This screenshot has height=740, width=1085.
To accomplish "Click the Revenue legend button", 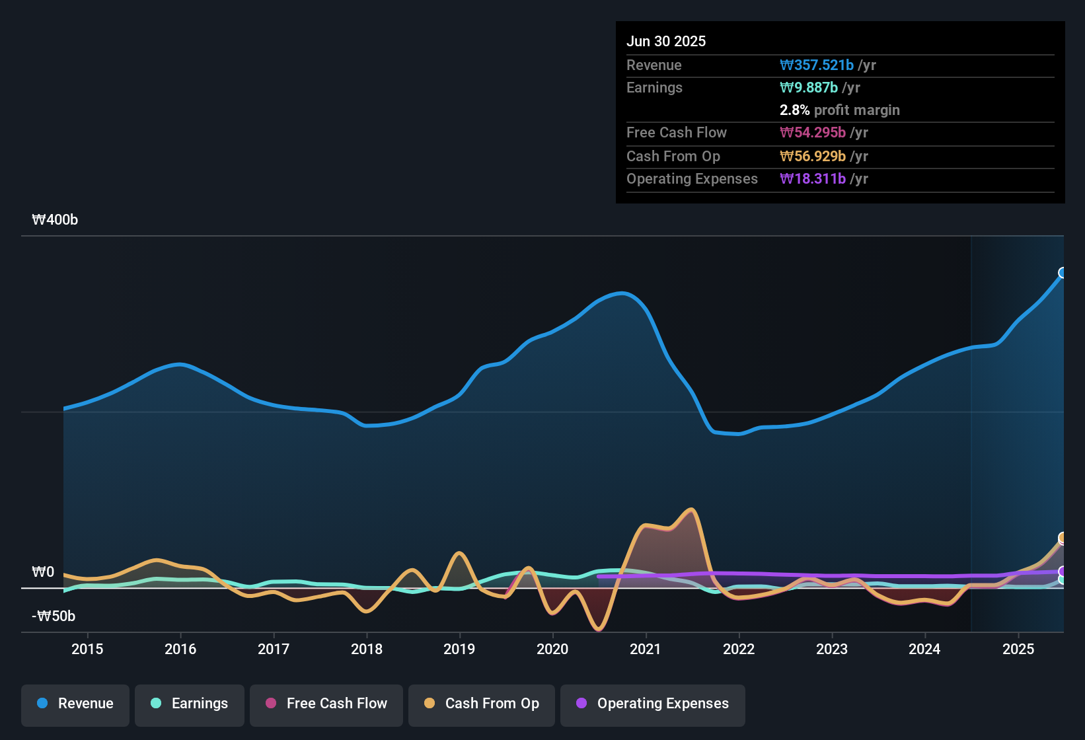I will tap(75, 704).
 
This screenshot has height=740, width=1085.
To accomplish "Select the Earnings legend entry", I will tap(190, 704).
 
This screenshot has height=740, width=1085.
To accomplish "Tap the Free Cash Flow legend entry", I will tap(326, 704).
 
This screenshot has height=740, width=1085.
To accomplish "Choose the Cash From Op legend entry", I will tap(482, 704).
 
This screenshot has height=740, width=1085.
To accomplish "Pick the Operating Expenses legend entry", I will tap(653, 704).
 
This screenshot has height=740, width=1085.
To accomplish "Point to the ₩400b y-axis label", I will tap(55, 220).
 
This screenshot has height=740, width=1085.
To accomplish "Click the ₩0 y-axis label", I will tap(43, 572).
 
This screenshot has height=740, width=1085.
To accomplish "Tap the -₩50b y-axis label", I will tap(54, 616).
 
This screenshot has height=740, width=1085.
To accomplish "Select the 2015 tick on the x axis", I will tap(87, 649).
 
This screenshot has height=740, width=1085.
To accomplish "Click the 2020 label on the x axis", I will tap(552, 649).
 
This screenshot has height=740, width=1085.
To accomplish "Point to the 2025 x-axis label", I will tap(1018, 649).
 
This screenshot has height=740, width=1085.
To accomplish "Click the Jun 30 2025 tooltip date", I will tap(666, 42).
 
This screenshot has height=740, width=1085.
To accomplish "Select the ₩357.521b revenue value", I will tap(817, 65).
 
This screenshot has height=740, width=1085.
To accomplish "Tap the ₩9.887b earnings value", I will tap(809, 88).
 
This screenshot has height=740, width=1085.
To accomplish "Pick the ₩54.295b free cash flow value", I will tap(813, 133).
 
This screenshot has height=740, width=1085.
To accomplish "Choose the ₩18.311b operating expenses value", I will tap(813, 179).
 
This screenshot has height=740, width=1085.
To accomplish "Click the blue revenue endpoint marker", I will tap(1063, 273).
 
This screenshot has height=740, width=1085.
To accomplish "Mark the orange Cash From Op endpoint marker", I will tap(1063, 538).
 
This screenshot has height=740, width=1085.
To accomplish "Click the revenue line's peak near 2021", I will tap(621, 293).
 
